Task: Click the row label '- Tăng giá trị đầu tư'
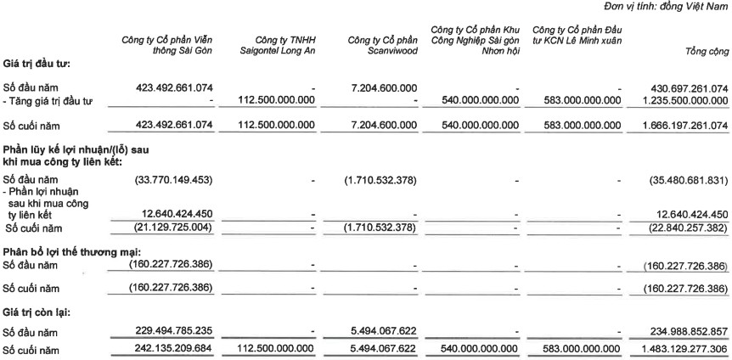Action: [x=50, y=101]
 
